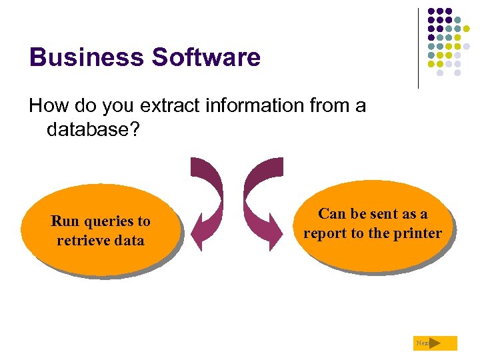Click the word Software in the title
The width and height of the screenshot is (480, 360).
point(206,57)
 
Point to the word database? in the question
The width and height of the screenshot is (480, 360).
point(93,129)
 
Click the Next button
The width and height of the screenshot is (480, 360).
point(435,343)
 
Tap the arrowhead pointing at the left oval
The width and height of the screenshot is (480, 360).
point(201,230)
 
